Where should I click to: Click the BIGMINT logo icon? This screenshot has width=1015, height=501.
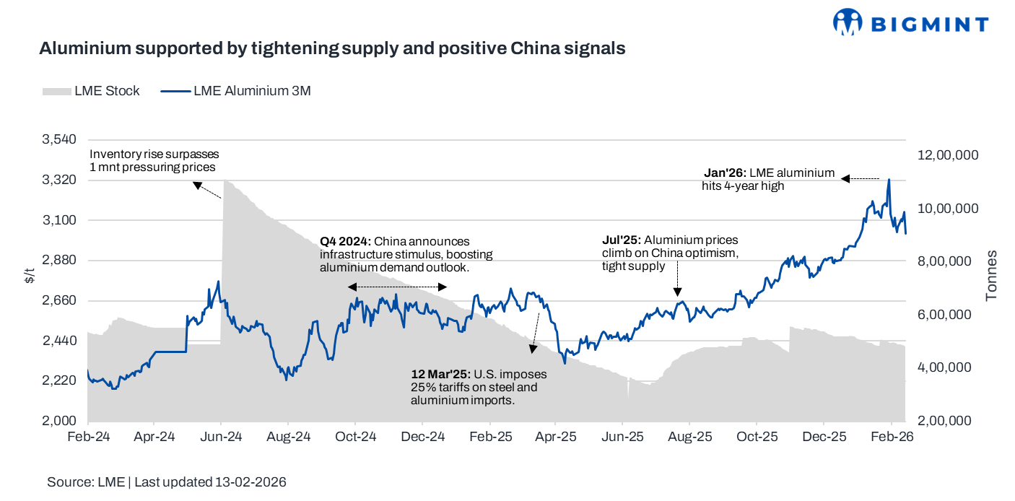[x=848, y=22]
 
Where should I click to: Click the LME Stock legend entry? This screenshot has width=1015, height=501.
[x=92, y=91]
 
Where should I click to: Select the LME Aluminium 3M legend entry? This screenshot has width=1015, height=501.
[x=235, y=91]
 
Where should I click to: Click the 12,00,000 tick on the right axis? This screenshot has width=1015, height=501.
[x=948, y=155]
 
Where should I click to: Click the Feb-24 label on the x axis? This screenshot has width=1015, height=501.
[x=88, y=437]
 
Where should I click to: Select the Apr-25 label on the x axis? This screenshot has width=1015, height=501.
[x=555, y=437]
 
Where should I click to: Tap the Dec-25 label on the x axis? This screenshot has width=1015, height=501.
[x=824, y=437]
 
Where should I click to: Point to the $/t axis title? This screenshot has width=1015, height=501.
[x=29, y=275]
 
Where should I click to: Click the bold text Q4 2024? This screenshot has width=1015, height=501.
[x=345, y=241]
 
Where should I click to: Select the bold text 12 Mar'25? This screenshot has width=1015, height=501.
[x=440, y=375]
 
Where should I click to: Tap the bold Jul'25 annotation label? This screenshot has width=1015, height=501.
[x=622, y=240]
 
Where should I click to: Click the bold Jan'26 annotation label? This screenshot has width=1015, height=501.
[x=725, y=173]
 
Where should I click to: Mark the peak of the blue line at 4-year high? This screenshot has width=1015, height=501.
[x=888, y=180]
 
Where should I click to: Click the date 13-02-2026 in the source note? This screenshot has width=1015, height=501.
[x=251, y=482]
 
